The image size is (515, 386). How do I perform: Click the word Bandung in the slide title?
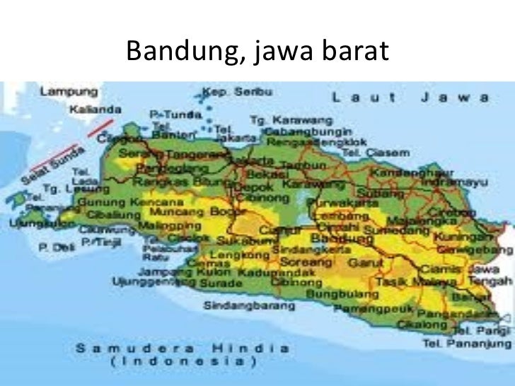click(x=174, y=51)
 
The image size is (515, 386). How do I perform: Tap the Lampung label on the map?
click(x=67, y=92)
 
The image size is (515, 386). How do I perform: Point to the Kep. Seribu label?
click(x=230, y=92)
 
